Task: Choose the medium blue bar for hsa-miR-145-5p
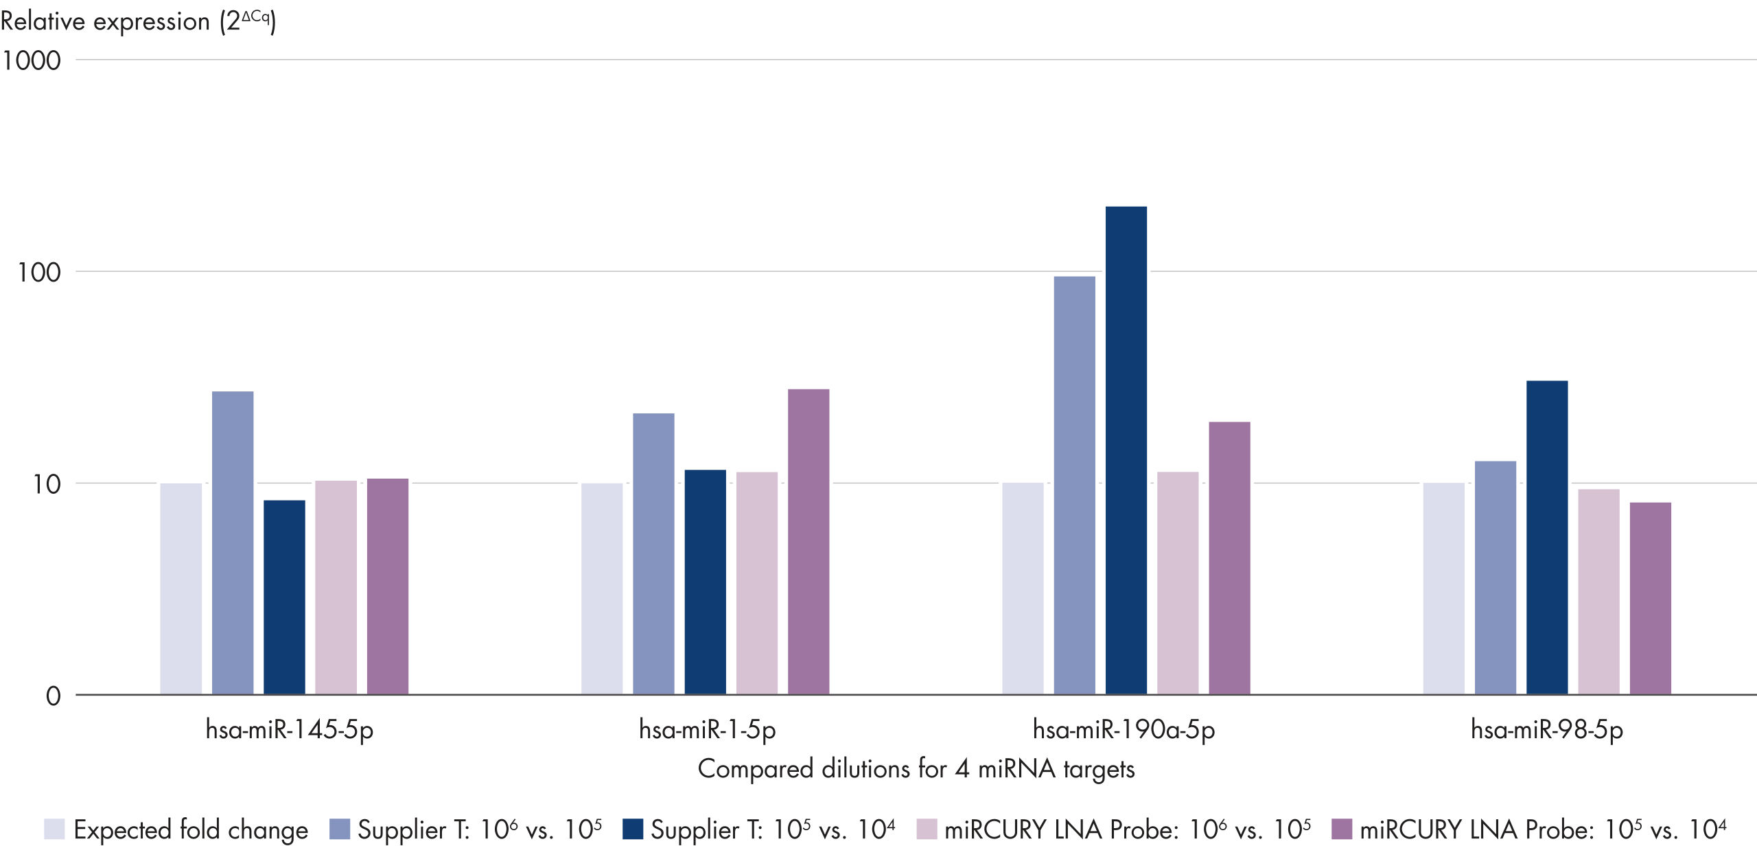[233, 542]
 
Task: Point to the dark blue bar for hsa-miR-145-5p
[284, 597]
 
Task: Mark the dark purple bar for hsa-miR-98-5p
[1650, 598]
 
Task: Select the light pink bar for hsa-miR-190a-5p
[1178, 583]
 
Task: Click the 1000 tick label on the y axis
[31, 60]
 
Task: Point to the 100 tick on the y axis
[39, 273]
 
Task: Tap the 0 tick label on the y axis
[53, 696]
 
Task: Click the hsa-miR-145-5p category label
[289, 729]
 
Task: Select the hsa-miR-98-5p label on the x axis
[1547, 729]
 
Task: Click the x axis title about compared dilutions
[916, 768]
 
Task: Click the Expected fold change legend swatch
[54, 829]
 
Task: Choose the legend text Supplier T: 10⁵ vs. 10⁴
[773, 830]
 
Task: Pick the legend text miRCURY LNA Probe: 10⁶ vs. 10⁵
[1127, 830]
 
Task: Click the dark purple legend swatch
[1341, 829]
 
